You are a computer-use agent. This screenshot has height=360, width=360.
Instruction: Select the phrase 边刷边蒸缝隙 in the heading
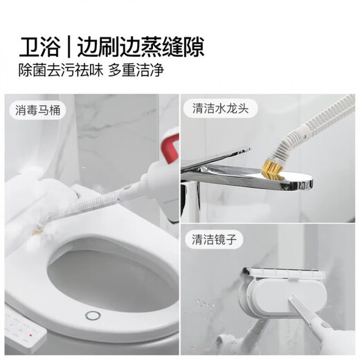pyautogui.click(x=137, y=44)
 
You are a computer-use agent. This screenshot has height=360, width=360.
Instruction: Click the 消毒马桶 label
pyautogui.click(x=40, y=109)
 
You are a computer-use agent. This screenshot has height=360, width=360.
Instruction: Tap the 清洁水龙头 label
pyautogui.click(x=218, y=109)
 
